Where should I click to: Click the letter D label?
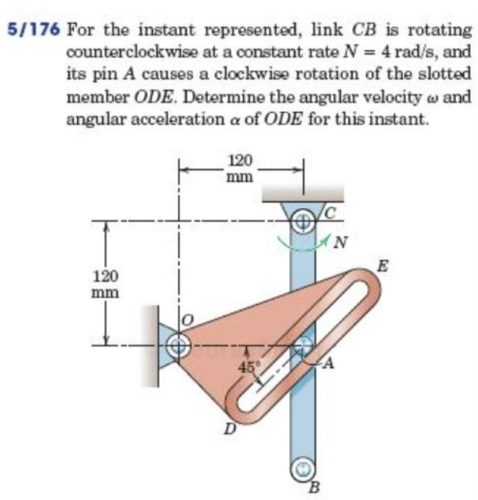pyautogui.click(x=229, y=428)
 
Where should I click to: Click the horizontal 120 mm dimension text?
pyautogui.click(x=241, y=168)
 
